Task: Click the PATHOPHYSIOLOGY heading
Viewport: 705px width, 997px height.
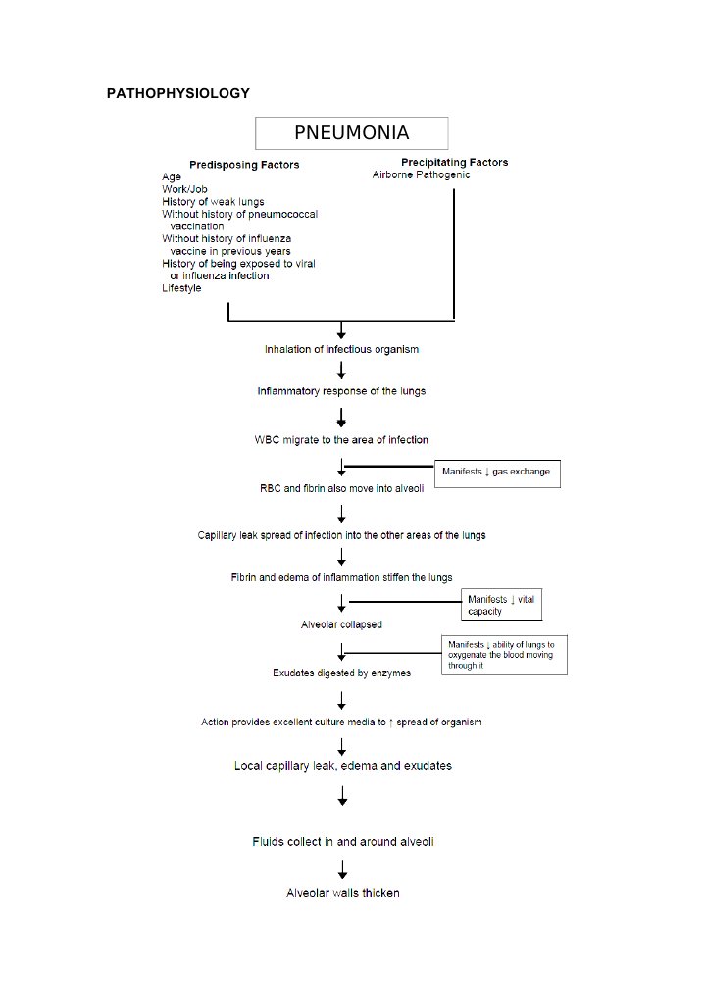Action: pyautogui.click(x=177, y=93)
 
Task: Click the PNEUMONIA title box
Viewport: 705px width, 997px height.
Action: pyautogui.click(x=351, y=133)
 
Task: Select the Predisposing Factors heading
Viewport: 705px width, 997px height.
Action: pyautogui.click(x=244, y=165)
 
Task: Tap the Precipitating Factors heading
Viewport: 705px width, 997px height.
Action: pyautogui.click(x=454, y=162)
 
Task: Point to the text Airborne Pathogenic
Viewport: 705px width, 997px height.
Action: pyautogui.click(x=421, y=175)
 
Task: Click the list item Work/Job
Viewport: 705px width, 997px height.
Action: pyautogui.click(x=184, y=189)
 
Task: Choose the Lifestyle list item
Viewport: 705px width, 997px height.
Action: pyautogui.click(x=181, y=288)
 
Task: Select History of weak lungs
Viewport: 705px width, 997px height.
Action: pyautogui.click(x=213, y=202)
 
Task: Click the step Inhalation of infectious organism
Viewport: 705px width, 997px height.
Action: pyautogui.click(x=341, y=350)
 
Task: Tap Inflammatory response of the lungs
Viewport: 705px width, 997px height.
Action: pyautogui.click(x=341, y=391)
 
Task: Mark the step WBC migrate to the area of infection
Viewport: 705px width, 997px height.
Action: pyautogui.click(x=341, y=440)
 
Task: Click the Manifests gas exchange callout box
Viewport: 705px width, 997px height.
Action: pyautogui.click(x=497, y=473)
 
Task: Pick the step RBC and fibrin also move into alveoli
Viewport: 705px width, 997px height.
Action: pyautogui.click(x=341, y=488)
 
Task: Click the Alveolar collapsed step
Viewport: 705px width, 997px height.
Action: pyautogui.click(x=341, y=624)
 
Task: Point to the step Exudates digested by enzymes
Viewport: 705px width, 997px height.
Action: pyautogui.click(x=341, y=673)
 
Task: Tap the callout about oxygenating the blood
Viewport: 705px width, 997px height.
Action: pyautogui.click(x=504, y=655)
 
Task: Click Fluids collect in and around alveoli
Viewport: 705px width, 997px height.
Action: pyautogui.click(x=342, y=842)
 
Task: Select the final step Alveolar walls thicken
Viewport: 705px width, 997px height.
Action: pyautogui.click(x=342, y=893)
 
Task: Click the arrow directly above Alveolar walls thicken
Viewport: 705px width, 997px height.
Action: pyautogui.click(x=342, y=868)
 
